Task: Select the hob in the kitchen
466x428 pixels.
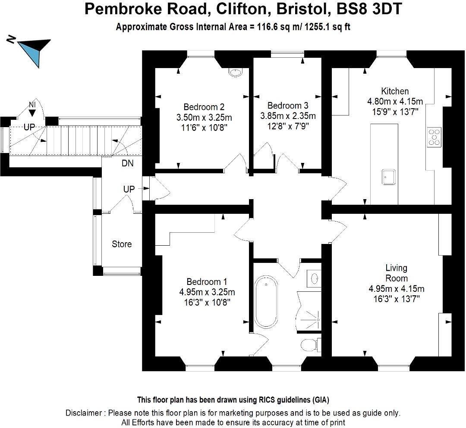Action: pos(434,136)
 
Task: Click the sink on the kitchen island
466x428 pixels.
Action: pos(388,176)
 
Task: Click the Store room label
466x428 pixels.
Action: pos(122,244)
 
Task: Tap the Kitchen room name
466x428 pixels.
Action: pos(395,91)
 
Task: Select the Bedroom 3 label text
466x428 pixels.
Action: pos(288,106)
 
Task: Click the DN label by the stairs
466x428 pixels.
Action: pos(128,163)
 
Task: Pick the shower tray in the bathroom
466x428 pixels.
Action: pos(310,312)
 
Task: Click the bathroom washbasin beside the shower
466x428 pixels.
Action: pos(315,278)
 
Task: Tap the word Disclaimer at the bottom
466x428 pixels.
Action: pos(84,413)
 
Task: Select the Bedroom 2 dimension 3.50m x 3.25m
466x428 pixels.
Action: pos(204,117)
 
